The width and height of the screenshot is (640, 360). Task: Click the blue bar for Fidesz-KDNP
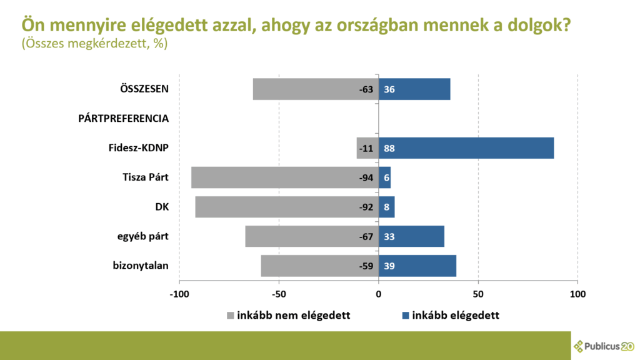tap(466, 148)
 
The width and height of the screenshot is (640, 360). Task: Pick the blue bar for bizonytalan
tap(417, 266)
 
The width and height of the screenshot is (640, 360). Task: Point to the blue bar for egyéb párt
tap(411, 237)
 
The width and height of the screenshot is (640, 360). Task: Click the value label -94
tap(366, 178)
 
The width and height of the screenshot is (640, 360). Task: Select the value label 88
tap(389, 149)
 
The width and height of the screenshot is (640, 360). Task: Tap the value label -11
tap(366, 149)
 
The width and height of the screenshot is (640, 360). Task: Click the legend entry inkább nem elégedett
tap(287, 315)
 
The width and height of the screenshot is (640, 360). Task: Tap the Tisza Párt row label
tap(146, 178)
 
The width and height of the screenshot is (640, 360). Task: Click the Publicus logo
tap(604, 346)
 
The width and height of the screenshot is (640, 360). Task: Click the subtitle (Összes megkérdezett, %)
tap(94, 44)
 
